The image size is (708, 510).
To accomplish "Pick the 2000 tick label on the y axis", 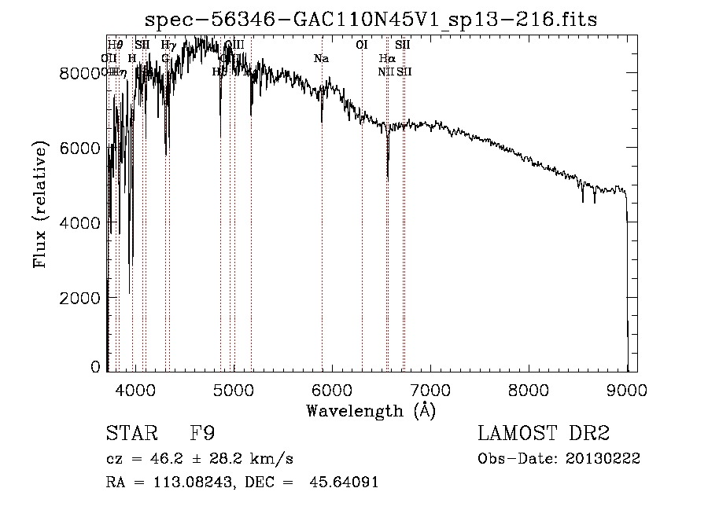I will point(82,299).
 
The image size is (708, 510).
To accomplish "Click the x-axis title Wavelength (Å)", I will point(371,410).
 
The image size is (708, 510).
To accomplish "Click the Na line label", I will point(320,59).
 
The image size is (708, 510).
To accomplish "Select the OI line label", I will point(362,46).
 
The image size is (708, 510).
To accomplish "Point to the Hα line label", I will point(387,59).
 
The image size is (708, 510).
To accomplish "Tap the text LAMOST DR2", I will point(544,435).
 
